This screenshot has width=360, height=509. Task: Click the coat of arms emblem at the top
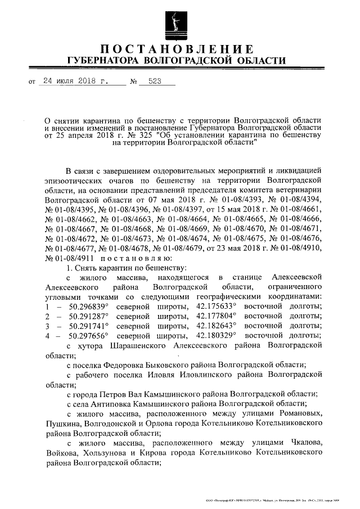(176, 22)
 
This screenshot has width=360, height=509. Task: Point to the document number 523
(154, 82)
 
